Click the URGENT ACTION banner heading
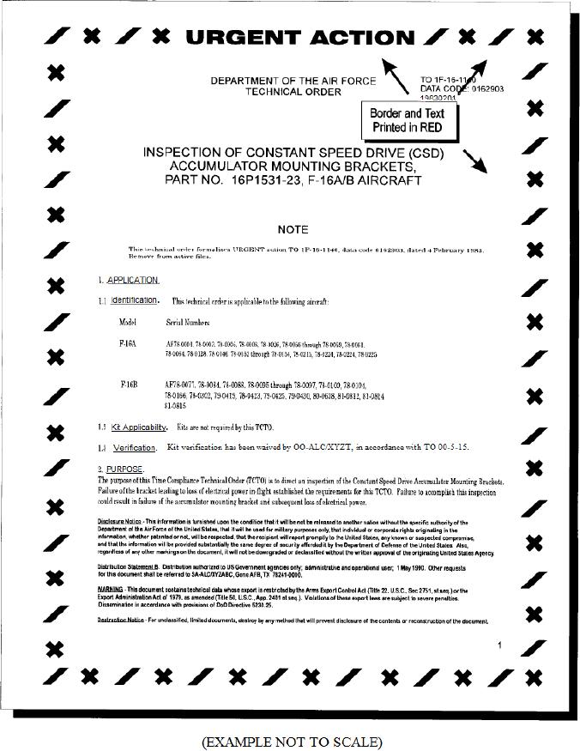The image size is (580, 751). coord(299,37)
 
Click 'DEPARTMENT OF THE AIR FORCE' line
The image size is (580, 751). coord(293,81)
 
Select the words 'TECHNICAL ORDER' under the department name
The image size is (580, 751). coord(293,92)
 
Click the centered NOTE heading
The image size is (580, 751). coord(293,229)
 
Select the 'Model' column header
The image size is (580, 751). coord(128,322)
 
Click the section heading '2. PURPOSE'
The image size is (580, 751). coord(121,469)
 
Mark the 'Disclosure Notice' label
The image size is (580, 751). coord(120,522)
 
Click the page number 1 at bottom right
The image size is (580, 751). coord(499,645)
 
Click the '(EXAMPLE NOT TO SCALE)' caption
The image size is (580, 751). coord(292,740)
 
